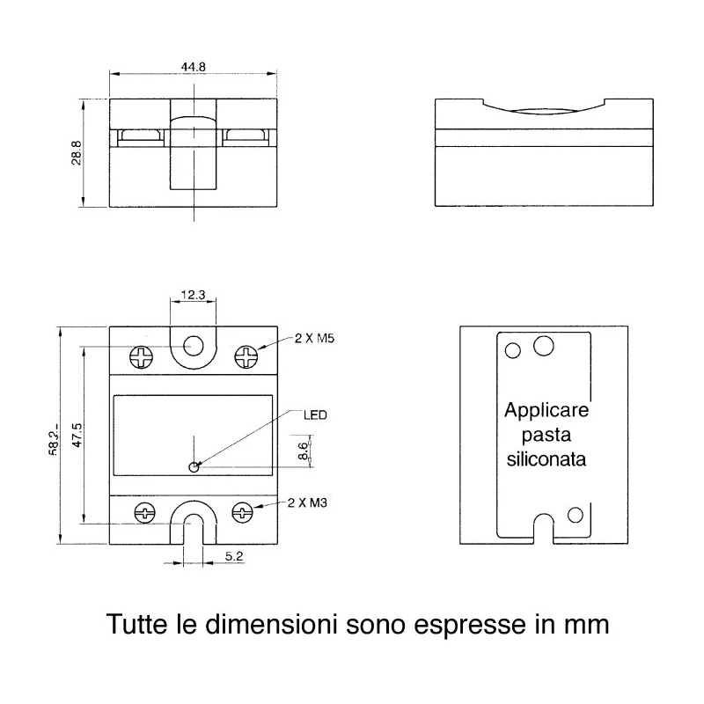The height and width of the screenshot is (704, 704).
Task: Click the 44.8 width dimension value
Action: pyautogui.click(x=193, y=67)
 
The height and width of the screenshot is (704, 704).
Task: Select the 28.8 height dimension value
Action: pyautogui.click(x=77, y=152)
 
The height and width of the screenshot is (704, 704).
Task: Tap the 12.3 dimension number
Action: pyautogui.click(x=193, y=295)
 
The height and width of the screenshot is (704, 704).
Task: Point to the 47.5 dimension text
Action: pyautogui.click(x=77, y=435)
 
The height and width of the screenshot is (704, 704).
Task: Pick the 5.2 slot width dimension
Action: pyautogui.click(x=234, y=556)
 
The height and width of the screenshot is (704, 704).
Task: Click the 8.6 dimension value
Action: pyautogui.click(x=304, y=451)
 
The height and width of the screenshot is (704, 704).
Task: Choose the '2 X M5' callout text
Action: pyautogui.click(x=314, y=338)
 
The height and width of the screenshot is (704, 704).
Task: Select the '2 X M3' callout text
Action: pyautogui.click(x=307, y=502)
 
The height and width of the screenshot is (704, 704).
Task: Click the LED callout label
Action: pyautogui.click(x=315, y=414)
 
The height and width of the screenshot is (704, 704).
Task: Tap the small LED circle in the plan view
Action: pyautogui.click(x=194, y=467)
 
